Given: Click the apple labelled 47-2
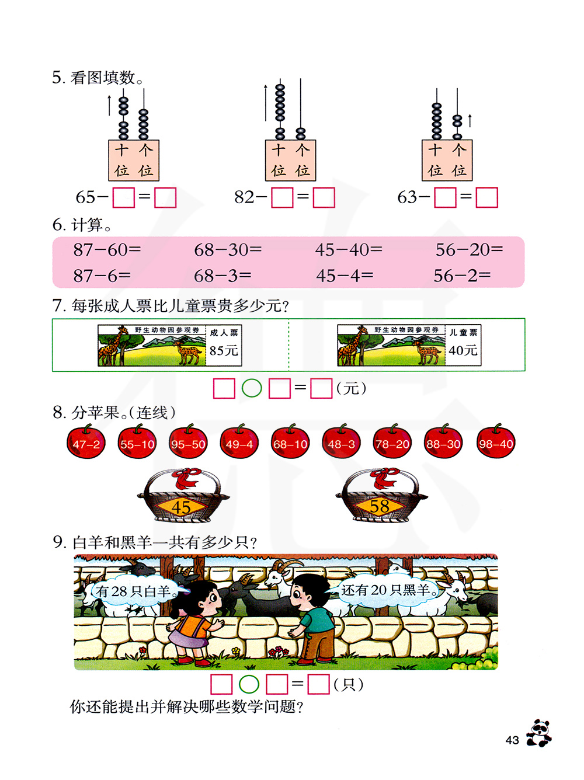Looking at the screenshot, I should click(86, 443).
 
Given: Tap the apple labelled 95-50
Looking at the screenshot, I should click(188, 443).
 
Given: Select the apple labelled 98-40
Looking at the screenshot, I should click(496, 443).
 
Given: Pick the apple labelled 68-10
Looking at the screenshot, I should click(290, 443).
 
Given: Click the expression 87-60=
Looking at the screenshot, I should click(107, 250).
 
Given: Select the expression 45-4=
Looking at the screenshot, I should click(345, 276).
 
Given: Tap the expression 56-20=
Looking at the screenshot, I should click(469, 250).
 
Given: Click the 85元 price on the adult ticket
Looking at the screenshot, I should click(224, 350).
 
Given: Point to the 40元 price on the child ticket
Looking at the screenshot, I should click(463, 350).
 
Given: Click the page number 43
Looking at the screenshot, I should click(512, 740).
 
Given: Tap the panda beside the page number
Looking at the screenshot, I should click(539, 733).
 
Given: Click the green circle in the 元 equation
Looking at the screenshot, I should click(252, 388).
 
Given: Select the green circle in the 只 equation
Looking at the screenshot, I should click(249, 684).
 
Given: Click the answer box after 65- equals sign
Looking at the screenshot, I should click(165, 197).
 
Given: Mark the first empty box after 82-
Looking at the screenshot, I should click(283, 197).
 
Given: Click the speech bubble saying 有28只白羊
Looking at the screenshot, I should click(135, 591).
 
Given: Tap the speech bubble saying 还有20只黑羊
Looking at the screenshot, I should click(389, 590).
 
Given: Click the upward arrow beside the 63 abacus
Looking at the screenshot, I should click(470, 120).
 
